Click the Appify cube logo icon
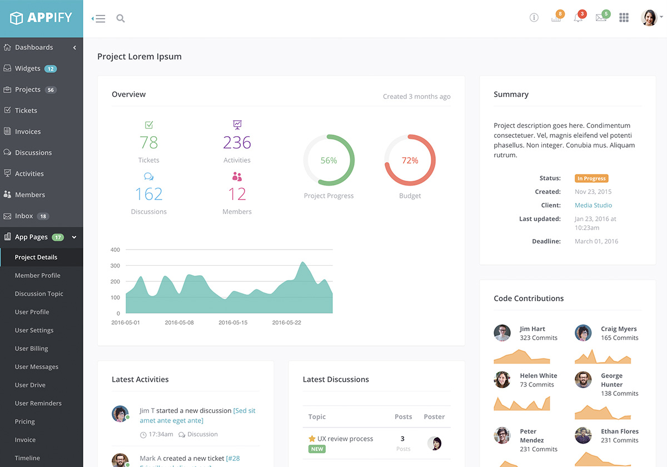17,18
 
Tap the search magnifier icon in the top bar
121,18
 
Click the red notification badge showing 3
582,13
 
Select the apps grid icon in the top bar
624,18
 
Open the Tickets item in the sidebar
26,111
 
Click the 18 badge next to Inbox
43,216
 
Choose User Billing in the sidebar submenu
31,349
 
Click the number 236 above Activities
237,143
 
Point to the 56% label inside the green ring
328,160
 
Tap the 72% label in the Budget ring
410,160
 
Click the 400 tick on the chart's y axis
115,250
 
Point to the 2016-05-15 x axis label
233,322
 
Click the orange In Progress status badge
591,178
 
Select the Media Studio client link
593,205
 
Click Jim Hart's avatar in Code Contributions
502,332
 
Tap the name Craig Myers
619,329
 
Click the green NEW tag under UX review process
317,449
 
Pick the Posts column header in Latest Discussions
403,416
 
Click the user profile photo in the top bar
649,18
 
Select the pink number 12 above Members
237,194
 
